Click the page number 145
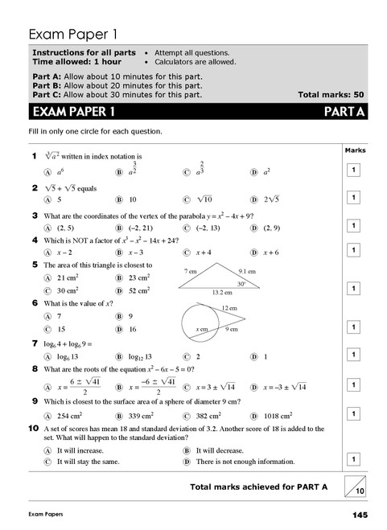(359, 514)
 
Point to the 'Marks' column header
(354, 150)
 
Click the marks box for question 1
(352, 170)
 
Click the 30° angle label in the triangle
(240, 283)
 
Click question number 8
(34, 368)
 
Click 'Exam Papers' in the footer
(46, 514)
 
